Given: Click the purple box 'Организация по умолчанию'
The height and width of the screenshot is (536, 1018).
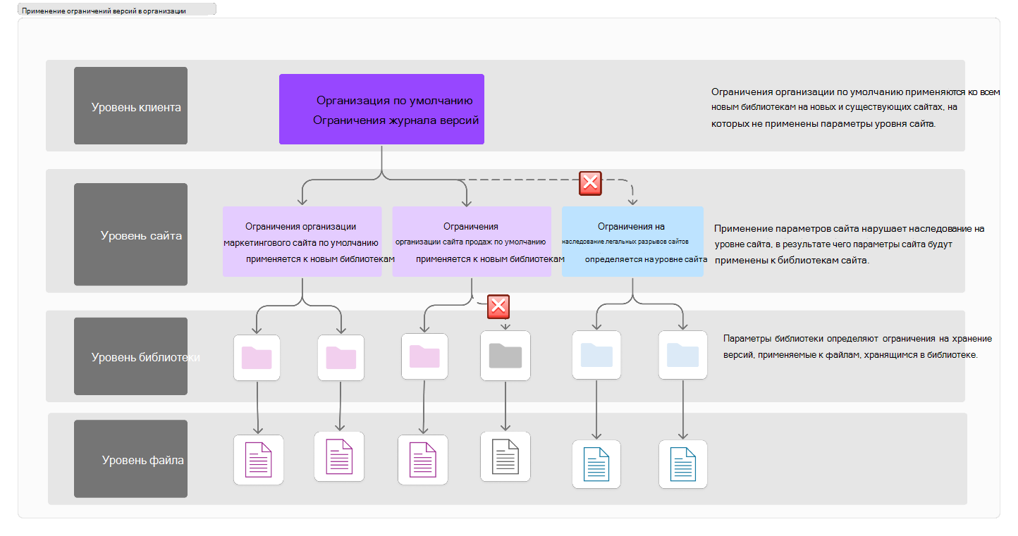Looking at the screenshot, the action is pyautogui.click(x=381, y=109).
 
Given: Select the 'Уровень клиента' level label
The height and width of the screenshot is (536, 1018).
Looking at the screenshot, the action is pyautogui.click(x=131, y=106).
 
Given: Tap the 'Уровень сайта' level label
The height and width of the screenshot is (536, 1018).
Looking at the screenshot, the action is pyautogui.click(x=131, y=235).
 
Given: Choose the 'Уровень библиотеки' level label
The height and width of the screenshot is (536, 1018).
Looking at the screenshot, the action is pyautogui.click(x=131, y=356).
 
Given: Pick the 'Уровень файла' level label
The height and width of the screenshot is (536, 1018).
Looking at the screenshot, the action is pyautogui.click(x=131, y=459).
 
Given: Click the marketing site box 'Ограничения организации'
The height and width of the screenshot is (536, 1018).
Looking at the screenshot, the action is pyautogui.click(x=302, y=242).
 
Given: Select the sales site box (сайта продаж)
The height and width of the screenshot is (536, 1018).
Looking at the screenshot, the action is pyautogui.click(x=472, y=242).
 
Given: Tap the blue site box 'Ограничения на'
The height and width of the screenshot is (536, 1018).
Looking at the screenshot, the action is pyautogui.click(x=632, y=242).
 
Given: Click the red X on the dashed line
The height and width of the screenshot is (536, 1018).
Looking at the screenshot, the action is pyautogui.click(x=590, y=184).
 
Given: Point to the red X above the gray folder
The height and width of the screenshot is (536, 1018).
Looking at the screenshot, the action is pyautogui.click(x=498, y=306).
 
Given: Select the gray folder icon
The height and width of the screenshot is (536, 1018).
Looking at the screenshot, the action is pyautogui.click(x=505, y=356).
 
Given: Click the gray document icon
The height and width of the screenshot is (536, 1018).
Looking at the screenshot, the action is pyautogui.click(x=505, y=456).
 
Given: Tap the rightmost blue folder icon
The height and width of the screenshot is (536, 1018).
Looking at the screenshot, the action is pyautogui.click(x=683, y=355).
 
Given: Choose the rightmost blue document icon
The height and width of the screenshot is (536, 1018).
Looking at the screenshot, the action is pyautogui.click(x=683, y=464).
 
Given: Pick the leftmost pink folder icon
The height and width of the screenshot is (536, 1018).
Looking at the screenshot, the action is pyautogui.click(x=257, y=358).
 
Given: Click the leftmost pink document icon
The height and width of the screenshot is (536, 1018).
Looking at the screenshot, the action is pyautogui.click(x=259, y=460).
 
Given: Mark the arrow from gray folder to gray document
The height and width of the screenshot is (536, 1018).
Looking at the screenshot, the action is pyautogui.click(x=505, y=406).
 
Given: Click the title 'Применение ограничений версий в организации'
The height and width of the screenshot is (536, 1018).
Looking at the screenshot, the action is pyautogui.click(x=104, y=11).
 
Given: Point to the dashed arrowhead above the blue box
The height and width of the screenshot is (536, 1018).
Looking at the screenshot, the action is pyautogui.click(x=632, y=201).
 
